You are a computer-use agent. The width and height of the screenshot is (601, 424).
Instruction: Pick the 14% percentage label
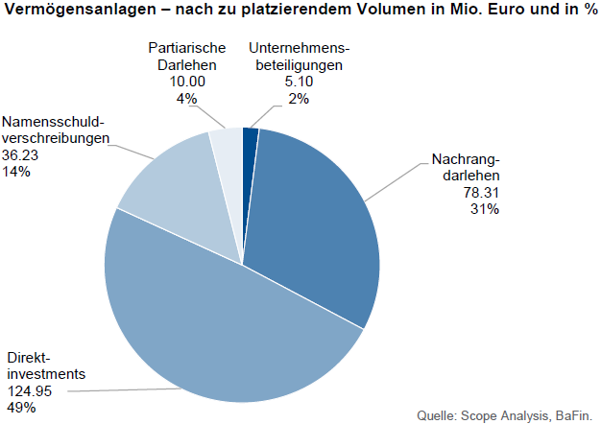point(16,172)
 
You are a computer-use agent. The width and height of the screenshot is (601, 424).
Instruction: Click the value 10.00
point(185,82)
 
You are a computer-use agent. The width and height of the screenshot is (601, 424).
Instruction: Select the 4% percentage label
point(186,99)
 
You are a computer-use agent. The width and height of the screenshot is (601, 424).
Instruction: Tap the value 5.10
point(296,82)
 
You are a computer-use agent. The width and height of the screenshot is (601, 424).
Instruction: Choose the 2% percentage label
point(296,99)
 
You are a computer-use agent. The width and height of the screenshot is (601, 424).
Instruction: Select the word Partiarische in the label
point(186,49)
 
